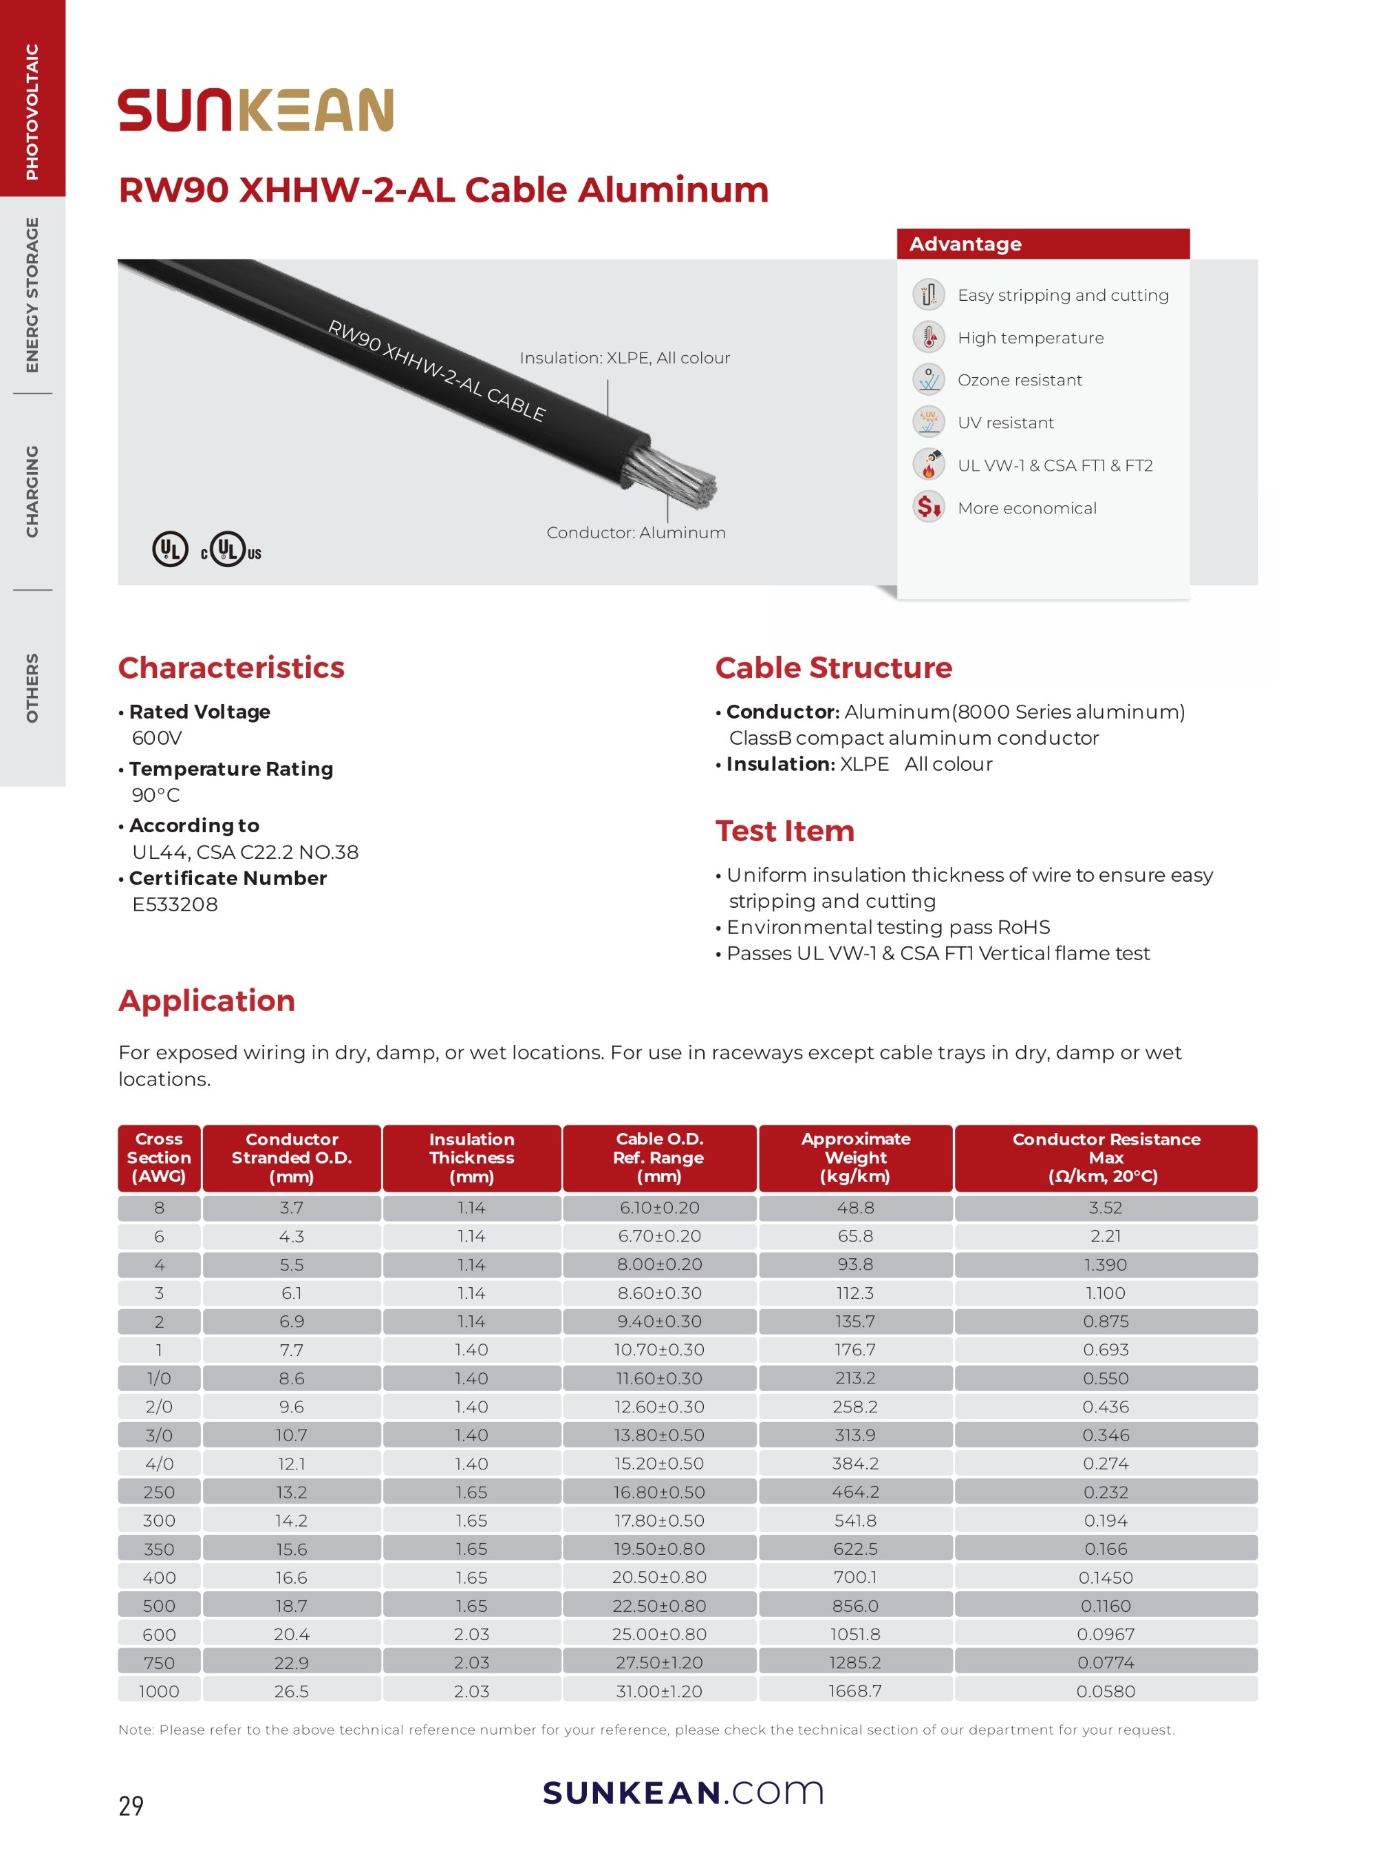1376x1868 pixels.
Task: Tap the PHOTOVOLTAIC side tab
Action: click(32, 111)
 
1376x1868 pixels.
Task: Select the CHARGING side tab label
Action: click(32, 491)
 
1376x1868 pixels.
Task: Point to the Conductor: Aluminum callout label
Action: click(636, 533)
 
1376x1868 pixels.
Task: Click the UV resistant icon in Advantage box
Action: click(928, 423)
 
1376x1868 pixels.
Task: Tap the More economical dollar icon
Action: click(928, 507)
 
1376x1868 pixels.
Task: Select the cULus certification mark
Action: click(230, 550)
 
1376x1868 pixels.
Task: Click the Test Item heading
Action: click(784, 831)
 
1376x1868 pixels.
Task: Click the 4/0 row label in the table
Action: click(159, 1463)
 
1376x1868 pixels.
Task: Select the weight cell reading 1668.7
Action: click(855, 1690)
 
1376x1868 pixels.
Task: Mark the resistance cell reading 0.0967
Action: click(1106, 1634)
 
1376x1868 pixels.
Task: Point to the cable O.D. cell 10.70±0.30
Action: click(659, 1350)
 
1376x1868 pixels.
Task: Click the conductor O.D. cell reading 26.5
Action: click(292, 1690)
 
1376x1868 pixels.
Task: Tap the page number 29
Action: click(131, 1805)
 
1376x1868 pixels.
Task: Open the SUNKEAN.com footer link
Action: click(683, 1792)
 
